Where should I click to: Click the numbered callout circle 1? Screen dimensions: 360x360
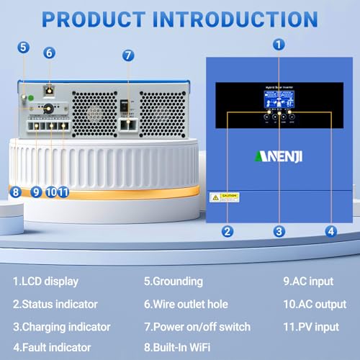pos(280,43)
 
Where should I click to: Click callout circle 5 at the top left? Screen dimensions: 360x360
pos(24,48)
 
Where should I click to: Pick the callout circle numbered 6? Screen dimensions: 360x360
pos(49,53)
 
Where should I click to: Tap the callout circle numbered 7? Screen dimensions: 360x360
pos(128,55)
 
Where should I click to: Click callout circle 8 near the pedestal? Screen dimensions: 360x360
pos(14,192)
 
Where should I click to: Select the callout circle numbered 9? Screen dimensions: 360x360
pos(35,192)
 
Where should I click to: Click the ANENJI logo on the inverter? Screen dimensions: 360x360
pos(279,156)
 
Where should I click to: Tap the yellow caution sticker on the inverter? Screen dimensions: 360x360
pos(224,197)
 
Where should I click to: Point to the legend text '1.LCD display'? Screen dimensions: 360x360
pos(45,282)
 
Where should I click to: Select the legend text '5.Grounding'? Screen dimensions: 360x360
pos(173,282)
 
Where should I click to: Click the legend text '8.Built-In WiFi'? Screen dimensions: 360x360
pos(183,346)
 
